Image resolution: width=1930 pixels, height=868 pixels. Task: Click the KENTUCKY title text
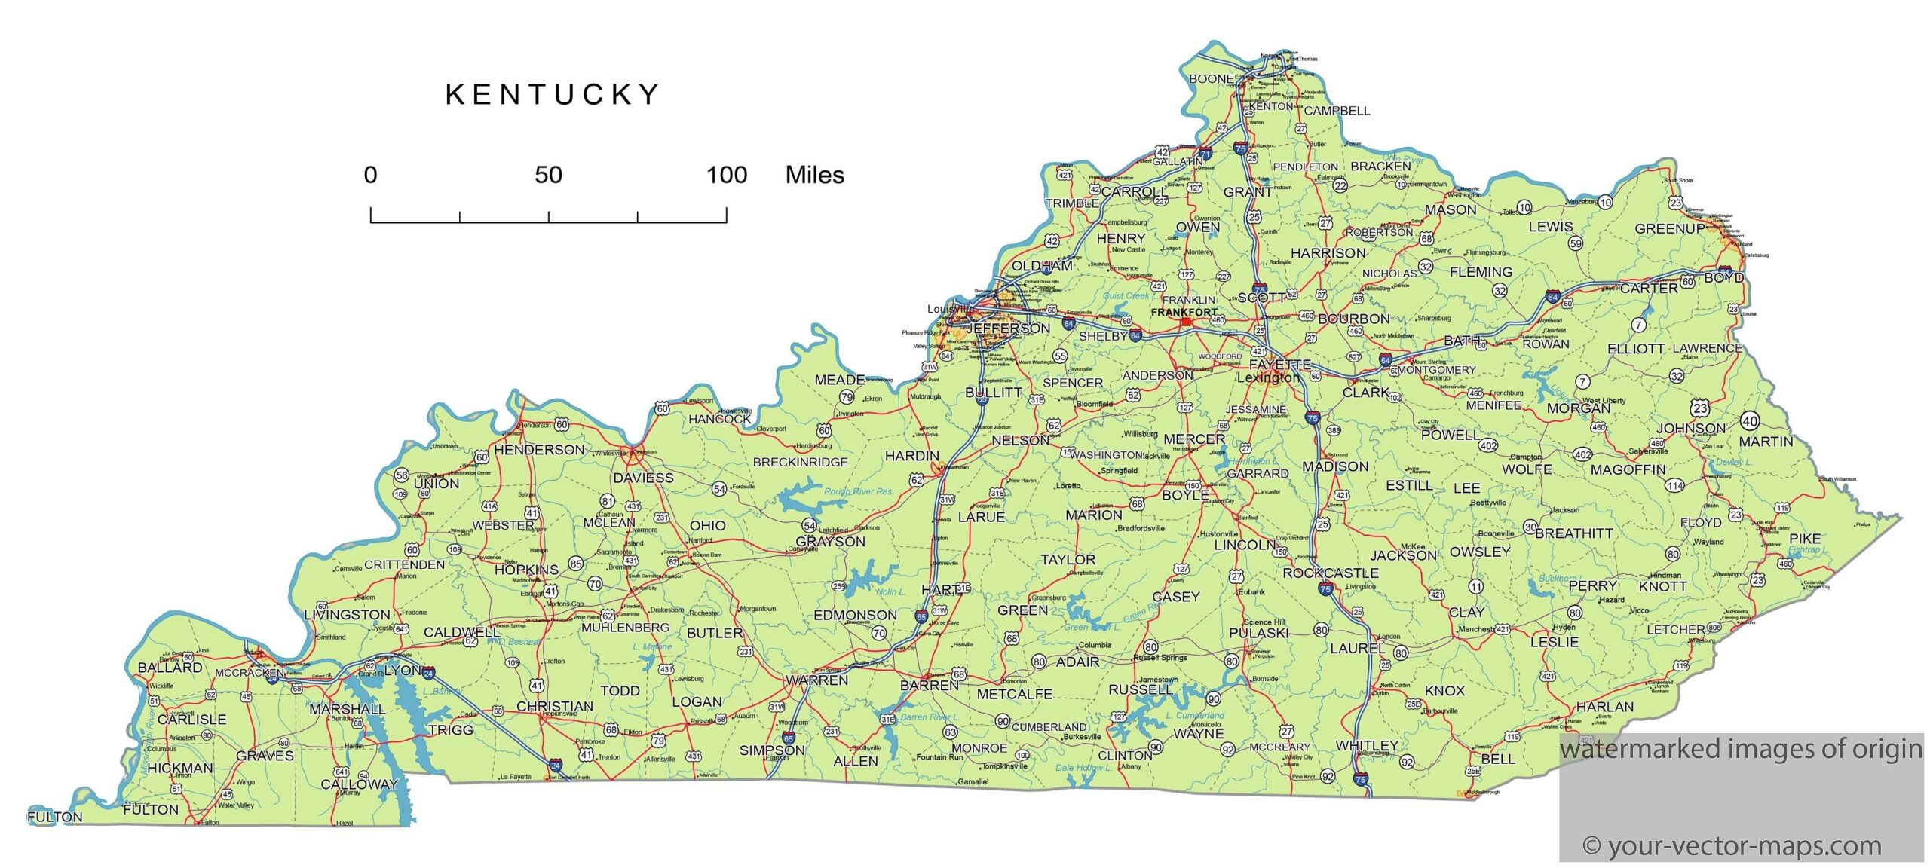click(x=553, y=95)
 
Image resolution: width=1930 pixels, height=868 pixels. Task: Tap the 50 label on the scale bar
click(x=548, y=175)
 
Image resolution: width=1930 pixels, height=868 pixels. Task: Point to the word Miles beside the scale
click(x=814, y=175)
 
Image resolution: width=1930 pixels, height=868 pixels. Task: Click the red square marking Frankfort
click(x=1186, y=322)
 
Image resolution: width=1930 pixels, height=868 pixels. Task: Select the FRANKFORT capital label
click(x=1184, y=312)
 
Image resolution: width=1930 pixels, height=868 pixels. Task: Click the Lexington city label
click(x=1268, y=377)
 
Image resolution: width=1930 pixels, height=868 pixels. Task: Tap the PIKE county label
click(x=1805, y=538)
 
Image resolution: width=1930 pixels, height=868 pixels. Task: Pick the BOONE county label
click(x=1211, y=78)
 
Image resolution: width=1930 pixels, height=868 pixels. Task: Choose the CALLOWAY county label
click(x=359, y=784)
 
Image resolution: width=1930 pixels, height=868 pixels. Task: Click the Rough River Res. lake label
click(x=858, y=491)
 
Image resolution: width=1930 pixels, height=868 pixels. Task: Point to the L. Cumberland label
click(x=1195, y=715)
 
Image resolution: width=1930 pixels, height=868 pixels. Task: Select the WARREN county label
click(x=817, y=680)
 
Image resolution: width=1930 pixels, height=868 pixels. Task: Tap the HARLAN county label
click(x=1604, y=707)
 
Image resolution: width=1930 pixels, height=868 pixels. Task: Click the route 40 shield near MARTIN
click(x=1750, y=421)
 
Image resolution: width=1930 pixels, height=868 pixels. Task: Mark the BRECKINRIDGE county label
click(x=801, y=462)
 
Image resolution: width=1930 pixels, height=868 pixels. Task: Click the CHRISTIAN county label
click(x=554, y=706)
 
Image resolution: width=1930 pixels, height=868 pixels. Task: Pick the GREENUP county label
click(x=1669, y=228)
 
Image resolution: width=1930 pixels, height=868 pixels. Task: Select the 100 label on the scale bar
click(x=726, y=175)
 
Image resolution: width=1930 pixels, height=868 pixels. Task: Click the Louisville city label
click(x=950, y=309)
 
